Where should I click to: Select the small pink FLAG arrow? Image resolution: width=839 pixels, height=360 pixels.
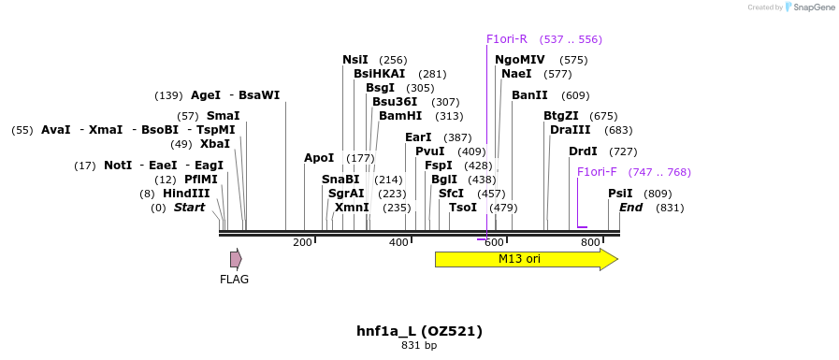point(236,259)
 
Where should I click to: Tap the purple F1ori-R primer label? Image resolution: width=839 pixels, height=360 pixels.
point(507,39)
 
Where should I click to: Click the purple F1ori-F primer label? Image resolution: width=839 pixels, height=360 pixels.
point(597,172)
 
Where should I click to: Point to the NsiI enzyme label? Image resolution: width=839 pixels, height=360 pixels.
point(355,60)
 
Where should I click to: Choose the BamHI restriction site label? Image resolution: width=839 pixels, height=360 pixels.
point(400,116)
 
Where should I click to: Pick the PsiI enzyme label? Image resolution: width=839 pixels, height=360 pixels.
point(620,194)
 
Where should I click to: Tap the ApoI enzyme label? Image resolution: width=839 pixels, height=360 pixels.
point(319,158)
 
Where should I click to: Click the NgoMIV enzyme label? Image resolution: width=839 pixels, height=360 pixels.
point(520,60)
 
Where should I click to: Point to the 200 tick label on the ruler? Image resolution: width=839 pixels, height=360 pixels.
point(302,243)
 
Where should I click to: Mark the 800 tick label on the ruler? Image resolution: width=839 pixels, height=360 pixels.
point(590,243)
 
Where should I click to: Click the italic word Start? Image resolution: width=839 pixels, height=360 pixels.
point(189,208)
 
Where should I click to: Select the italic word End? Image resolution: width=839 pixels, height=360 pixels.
point(630,208)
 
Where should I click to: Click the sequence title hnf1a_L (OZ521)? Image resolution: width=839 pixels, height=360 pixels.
point(419,331)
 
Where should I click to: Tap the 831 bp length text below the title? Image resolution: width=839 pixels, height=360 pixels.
point(419,346)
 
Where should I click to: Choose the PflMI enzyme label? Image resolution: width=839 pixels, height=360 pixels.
point(200,180)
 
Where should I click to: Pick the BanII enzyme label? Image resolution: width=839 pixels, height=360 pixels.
point(529,95)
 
